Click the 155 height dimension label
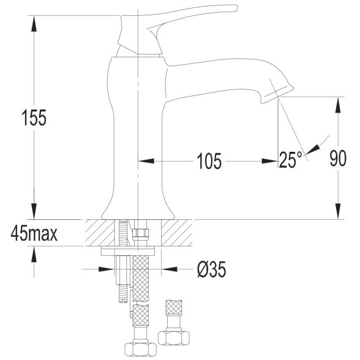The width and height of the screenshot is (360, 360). tap(34, 118)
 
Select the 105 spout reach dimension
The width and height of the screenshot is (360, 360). tap(209, 161)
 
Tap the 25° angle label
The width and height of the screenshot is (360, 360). tap(291, 160)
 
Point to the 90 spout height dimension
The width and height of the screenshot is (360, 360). tap(338, 158)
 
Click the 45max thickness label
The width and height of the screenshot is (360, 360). tap(34, 233)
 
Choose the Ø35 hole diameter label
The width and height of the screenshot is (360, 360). tap(211, 269)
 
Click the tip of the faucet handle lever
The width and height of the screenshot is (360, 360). tap(236, 7)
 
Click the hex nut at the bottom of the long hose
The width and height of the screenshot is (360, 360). tap(141, 350)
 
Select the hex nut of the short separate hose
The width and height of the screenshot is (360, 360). tap(174, 337)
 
